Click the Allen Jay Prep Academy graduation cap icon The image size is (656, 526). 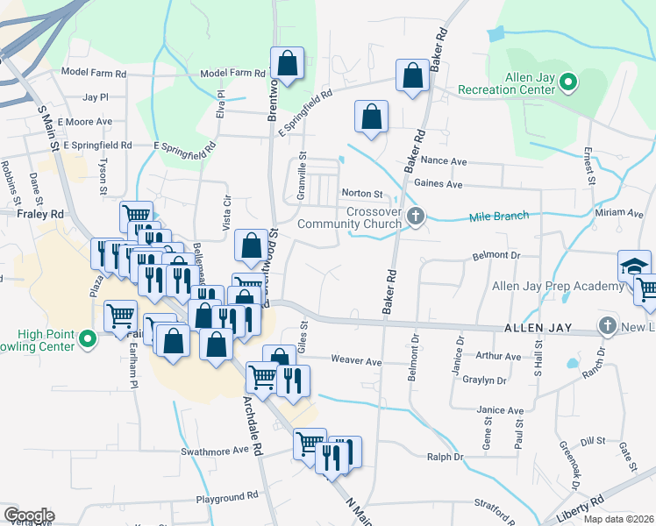click(x=634, y=266)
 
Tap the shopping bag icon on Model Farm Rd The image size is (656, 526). click(x=287, y=63)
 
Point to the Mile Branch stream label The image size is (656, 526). click(x=499, y=217)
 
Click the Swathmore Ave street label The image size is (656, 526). click(x=216, y=451)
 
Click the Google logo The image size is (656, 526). click(x=29, y=515)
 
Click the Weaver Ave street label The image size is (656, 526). click(x=356, y=361)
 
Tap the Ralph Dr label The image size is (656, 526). click(x=445, y=457)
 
